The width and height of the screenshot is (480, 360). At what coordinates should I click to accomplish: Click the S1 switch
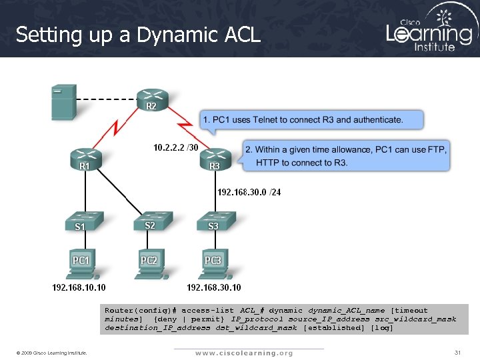pos(82,221)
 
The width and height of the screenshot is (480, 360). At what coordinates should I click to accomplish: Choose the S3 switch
pos(214,221)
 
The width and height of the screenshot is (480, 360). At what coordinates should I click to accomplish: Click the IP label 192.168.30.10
pos(214,288)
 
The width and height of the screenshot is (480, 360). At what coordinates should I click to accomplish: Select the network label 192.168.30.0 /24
pos(249,193)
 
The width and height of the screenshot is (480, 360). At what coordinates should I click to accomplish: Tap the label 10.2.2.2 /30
pos(175,147)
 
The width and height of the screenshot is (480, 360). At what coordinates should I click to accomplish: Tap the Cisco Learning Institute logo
pos(429,28)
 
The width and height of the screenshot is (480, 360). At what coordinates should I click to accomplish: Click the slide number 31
pos(457,352)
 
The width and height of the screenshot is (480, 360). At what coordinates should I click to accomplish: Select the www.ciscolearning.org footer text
pos(244,353)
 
